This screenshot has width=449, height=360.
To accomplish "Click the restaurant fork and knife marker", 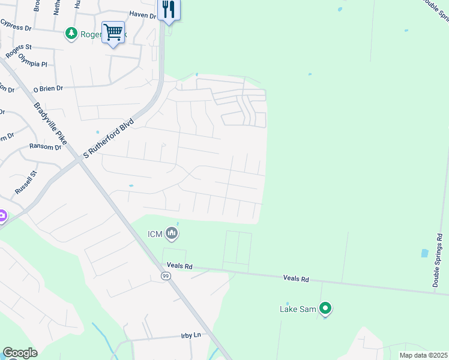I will pos(168,10).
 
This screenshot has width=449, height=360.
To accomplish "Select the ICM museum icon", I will pos(172,233).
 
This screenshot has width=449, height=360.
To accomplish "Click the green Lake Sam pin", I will pos(325,309).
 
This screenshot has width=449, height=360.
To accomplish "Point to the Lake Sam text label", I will pos(298,310).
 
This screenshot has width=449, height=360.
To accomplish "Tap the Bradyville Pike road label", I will pos(50,125).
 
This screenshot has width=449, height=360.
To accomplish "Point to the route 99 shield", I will pos(166,276).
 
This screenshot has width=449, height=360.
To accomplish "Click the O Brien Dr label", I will pos(48,88).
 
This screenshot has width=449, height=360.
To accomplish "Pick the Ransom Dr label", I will pos(46,146).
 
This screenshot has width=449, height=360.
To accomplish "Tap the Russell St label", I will pos(26,182).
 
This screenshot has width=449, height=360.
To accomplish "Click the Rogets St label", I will pos(20,47).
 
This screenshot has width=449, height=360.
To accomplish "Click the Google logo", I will pos(20,353).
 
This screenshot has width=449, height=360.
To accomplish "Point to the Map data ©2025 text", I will pos(423,355).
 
